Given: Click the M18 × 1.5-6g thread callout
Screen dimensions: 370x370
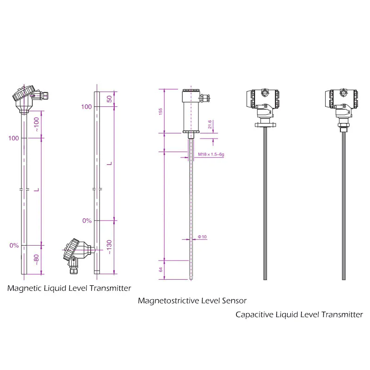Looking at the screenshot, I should click(211, 154).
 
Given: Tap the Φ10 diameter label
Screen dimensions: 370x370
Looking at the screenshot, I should click(202, 237).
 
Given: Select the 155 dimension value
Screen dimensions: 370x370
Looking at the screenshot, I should click(160, 112).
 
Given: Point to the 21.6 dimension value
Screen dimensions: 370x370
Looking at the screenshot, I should click(210, 124).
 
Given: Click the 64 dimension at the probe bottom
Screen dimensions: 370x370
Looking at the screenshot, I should click(160, 270).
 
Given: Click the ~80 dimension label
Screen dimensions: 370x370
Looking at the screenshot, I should click(37, 260).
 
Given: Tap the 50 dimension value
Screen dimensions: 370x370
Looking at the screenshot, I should click(110, 99).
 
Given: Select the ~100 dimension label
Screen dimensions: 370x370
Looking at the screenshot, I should click(37, 124).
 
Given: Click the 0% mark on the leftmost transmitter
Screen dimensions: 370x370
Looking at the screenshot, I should click(14, 245).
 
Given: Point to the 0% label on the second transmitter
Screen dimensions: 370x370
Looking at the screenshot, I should click(87, 221).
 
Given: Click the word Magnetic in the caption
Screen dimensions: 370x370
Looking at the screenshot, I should click(22, 288).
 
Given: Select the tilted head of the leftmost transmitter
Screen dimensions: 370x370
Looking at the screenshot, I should click(25, 98).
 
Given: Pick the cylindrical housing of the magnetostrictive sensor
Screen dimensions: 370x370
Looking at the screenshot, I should click(191, 111).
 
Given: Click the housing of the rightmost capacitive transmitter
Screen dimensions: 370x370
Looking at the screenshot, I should click(343, 97).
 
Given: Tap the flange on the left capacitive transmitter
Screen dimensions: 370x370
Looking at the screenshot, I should click(265, 124).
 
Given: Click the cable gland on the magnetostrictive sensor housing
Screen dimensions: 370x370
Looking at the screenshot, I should click(205, 98).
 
